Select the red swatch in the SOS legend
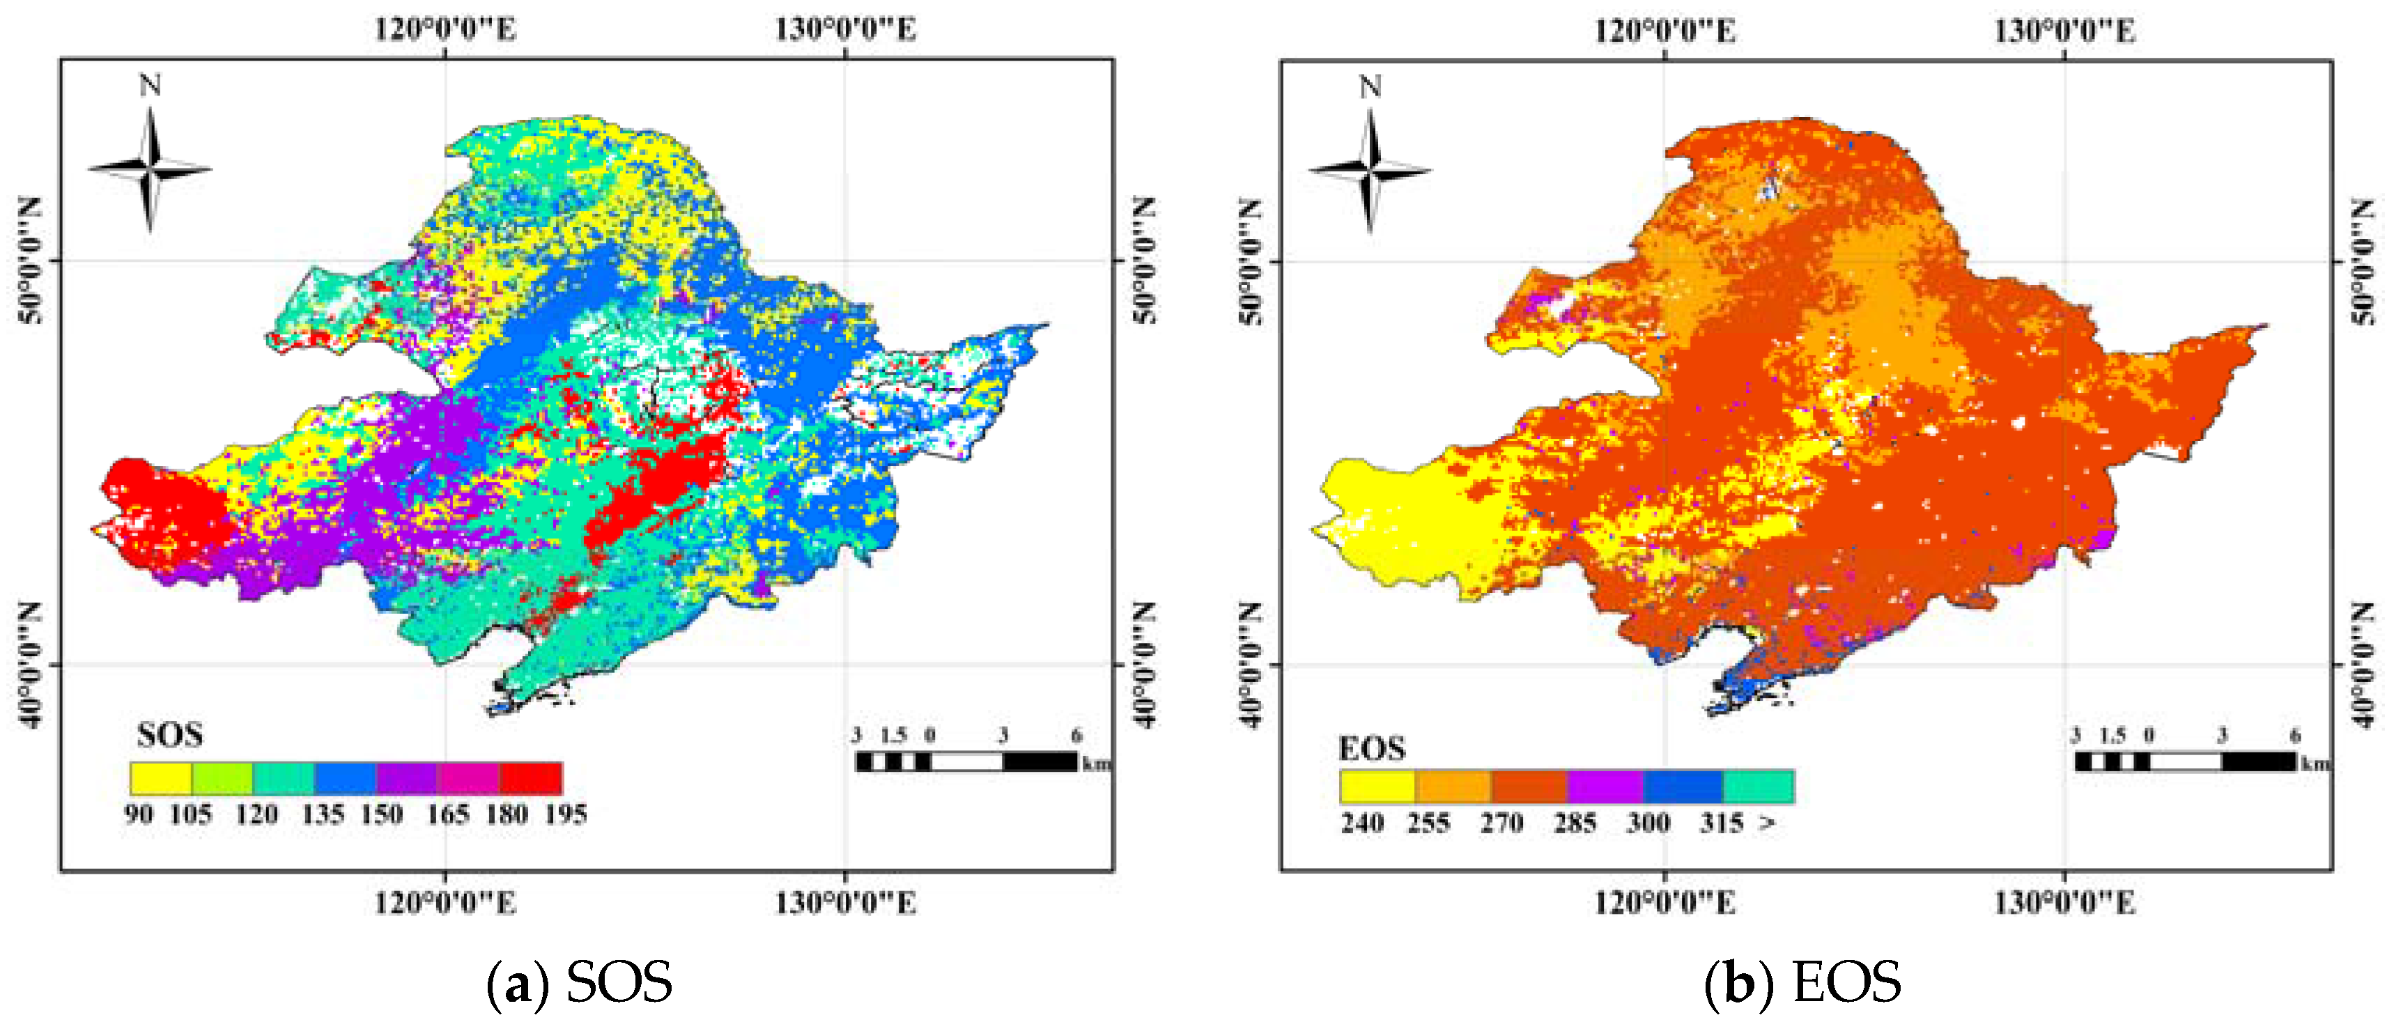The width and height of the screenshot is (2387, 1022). [531, 778]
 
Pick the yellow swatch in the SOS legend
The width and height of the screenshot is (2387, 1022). [160, 778]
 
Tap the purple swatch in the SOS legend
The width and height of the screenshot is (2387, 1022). [407, 778]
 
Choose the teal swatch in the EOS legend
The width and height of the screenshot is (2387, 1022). [1758, 787]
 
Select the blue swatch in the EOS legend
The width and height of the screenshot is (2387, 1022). [1682, 787]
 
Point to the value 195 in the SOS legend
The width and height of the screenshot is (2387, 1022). [565, 814]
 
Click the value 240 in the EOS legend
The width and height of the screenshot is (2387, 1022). [1362, 823]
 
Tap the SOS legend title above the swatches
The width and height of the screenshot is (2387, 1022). [169, 736]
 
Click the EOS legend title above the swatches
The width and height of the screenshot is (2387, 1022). [1371, 748]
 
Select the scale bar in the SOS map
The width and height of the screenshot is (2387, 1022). [966, 761]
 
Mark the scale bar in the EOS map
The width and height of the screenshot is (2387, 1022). [2186, 761]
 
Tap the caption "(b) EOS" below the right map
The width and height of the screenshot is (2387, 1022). [1802, 982]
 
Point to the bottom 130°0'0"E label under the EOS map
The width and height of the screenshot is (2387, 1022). [2064, 902]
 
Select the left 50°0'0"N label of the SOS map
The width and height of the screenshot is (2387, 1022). [30, 261]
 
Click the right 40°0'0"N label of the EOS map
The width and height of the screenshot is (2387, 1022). [2364, 665]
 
